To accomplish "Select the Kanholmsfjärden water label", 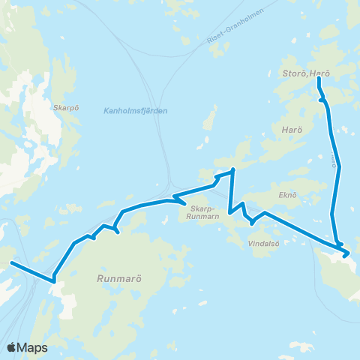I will (x=134, y=111).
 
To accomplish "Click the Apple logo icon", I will (x=12, y=347).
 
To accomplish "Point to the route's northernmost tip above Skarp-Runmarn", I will (x=233, y=170).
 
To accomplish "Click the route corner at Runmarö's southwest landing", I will (x=54, y=281).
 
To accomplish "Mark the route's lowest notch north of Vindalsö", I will (x=253, y=223).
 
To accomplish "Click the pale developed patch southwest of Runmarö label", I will (x=66, y=304).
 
